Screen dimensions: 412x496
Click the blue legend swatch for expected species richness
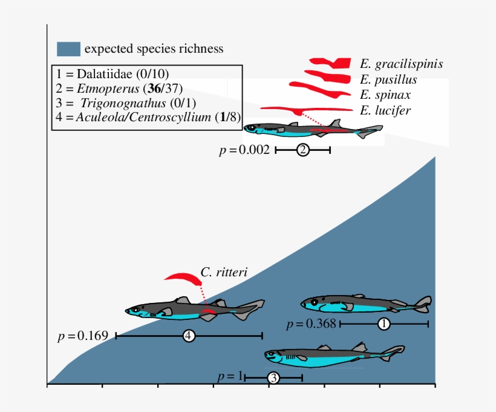coord(68,49)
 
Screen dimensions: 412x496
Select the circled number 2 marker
coord(303,150)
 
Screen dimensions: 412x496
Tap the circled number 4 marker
coord(189,335)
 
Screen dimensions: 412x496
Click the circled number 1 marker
coord(383,324)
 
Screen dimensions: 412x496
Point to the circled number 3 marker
coord(273,378)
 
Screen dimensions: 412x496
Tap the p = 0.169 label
coord(83,335)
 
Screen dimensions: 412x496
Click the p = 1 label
coord(229,376)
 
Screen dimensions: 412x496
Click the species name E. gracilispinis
coord(400,64)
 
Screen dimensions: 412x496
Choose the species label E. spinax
coord(385,95)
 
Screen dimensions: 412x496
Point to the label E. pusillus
coord(388,79)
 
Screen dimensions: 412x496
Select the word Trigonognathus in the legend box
coord(114,103)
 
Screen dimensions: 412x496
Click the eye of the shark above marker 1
coord(315,302)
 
